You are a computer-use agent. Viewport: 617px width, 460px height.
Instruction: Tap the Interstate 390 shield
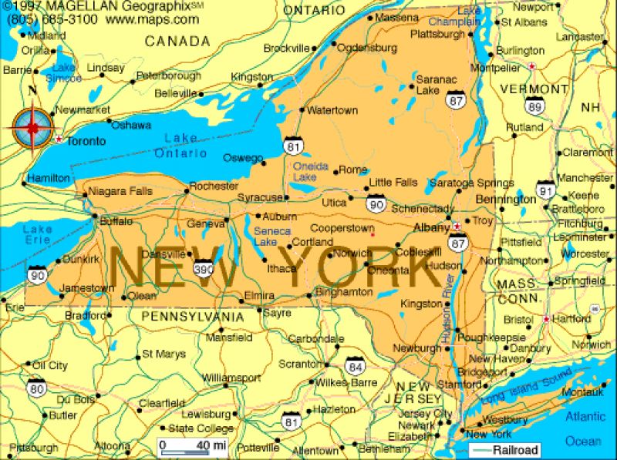point(204,268)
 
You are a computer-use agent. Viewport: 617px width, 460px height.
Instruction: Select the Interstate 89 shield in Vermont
point(534,106)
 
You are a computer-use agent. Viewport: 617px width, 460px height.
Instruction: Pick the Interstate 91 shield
point(545,189)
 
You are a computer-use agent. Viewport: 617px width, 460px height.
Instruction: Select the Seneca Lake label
point(272,237)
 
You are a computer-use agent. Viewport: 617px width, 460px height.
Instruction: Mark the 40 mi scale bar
point(192,445)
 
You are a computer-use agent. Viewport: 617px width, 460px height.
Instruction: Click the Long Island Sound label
point(521,387)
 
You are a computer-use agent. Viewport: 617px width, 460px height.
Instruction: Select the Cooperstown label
point(342,228)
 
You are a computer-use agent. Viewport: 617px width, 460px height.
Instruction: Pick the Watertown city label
point(333,110)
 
